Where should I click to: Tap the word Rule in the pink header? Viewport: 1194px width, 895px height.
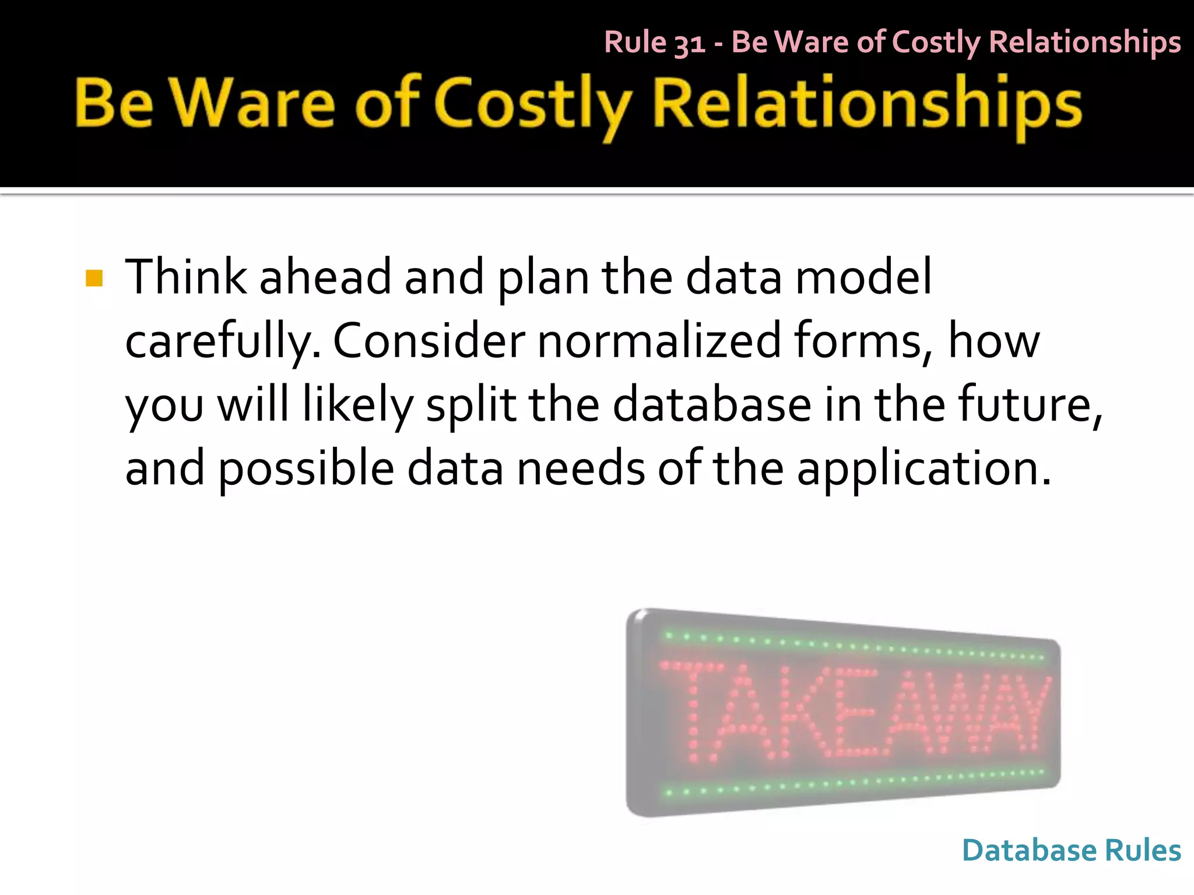click(635, 42)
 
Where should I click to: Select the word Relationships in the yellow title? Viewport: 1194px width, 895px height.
click(867, 105)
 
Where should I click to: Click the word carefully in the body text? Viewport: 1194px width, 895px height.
click(223, 342)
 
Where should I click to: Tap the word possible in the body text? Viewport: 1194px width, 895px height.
click(306, 469)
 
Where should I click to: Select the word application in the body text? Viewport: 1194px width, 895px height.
click(923, 469)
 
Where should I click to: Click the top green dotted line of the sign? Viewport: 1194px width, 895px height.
click(851, 646)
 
